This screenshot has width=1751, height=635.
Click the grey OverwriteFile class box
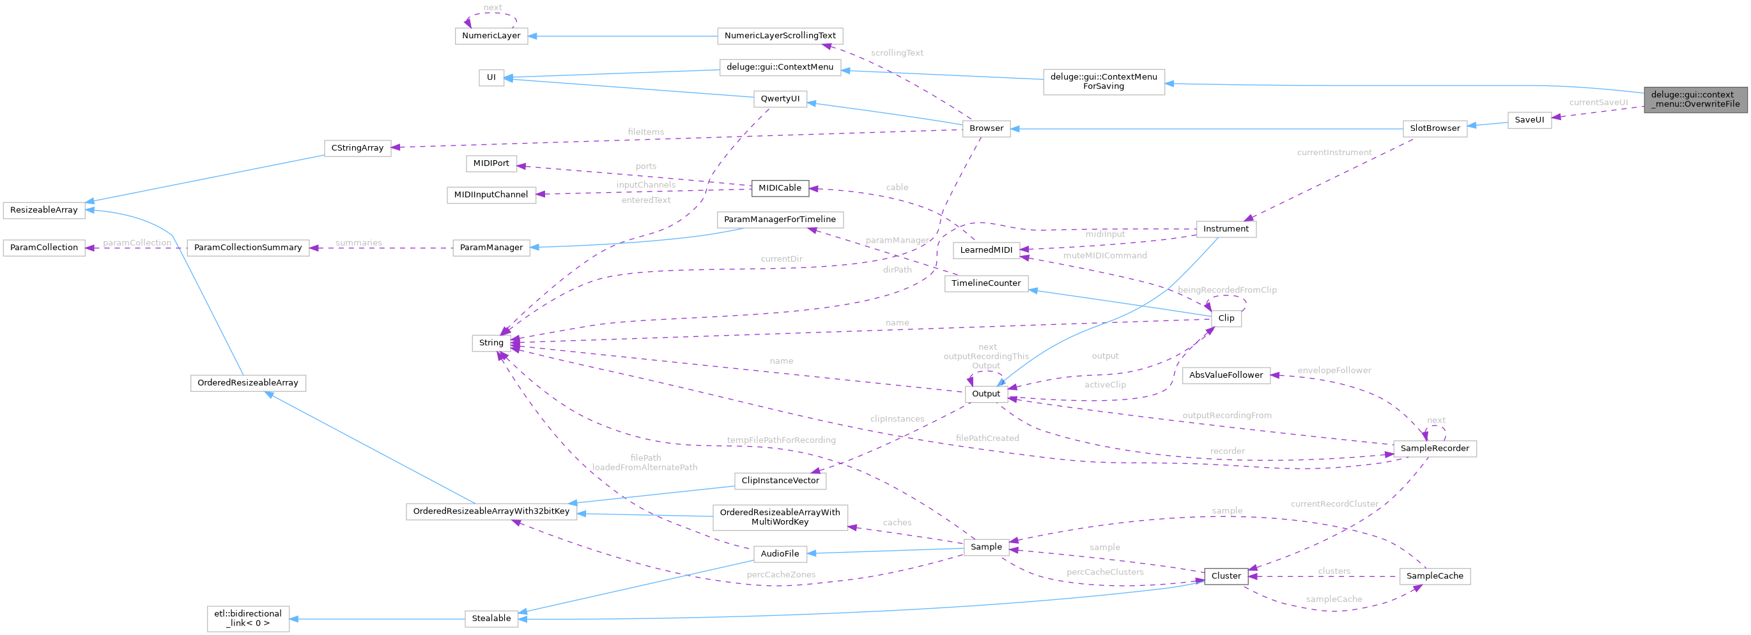pyautogui.click(x=1695, y=99)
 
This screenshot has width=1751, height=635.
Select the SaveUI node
pyautogui.click(x=1529, y=120)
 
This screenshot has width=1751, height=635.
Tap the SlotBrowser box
pyautogui.click(x=1434, y=128)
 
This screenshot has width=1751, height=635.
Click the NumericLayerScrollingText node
pyautogui.click(x=780, y=36)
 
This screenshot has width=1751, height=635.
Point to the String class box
pyautogui.click(x=491, y=343)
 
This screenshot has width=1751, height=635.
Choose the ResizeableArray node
pyautogui.click(x=44, y=210)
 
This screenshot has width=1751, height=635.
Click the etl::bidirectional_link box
pyautogui.click(x=248, y=618)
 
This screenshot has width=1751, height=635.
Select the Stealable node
pyautogui.click(x=491, y=618)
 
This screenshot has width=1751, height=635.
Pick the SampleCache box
pyautogui.click(x=1434, y=576)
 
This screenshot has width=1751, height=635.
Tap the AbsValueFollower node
pyautogui.click(x=1226, y=375)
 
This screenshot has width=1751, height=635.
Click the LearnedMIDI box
pyautogui.click(x=985, y=250)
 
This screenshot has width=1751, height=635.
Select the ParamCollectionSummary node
pyautogui.click(x=247, y=248)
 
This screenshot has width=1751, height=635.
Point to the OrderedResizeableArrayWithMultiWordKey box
pyautogui.click(x=780, y=517)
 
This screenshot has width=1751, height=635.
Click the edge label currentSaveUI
pyautogui.click(x=1598, y=103)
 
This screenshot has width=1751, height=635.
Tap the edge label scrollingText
pyautogui.click(x=897, y=53)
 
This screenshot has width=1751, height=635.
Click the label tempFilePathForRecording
pyautogui.click(x=781, y=440)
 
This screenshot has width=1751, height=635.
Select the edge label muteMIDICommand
pyautogui.click(x=1104, y=256)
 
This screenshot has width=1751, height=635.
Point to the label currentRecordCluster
pyautogui.click(x=1334, y=504)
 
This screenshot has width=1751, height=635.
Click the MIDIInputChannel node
pyautogui.click(x=491, y=195)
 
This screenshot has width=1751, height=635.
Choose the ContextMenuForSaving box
pyautogui.click(x=1103, y=82)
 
